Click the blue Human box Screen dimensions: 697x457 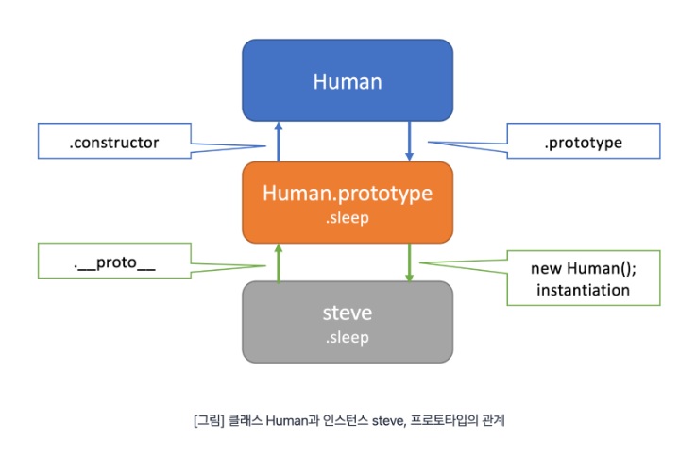[x=348, y=80]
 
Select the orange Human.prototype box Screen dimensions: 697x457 [x=348, y=202]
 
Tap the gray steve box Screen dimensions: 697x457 [x=348, y=322]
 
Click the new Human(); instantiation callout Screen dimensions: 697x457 [x=584, y=278]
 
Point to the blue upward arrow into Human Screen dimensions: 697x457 [x=279, y=142]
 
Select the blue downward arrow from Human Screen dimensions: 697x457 [x=409, y=142]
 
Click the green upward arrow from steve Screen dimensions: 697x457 [x=279, y=262]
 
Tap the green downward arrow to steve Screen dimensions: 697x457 [x=409, y=262]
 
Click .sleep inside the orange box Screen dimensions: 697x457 [x=348, y=218]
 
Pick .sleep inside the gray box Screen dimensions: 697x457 [x=348, y=337]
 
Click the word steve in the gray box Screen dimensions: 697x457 [x=348, y=313]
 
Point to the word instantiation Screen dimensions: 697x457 [x=584, y=290]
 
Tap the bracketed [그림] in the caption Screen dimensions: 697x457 [x=209, y=420]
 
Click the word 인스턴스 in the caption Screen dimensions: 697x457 [x=346, y=420]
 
